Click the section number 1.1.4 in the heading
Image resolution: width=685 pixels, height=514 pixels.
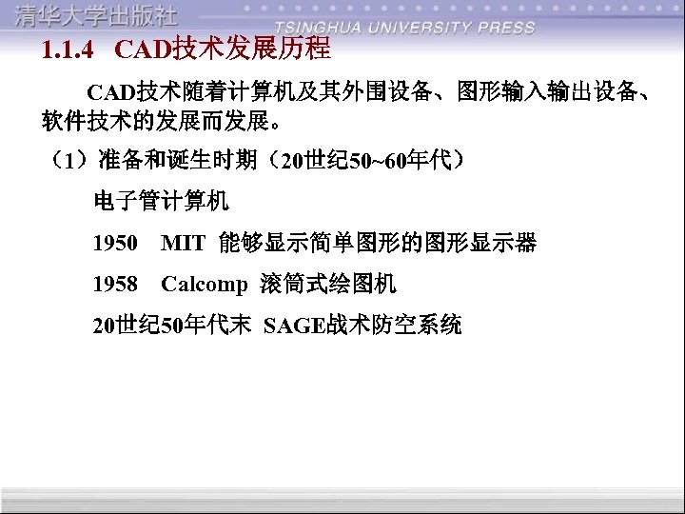(x=68, y=49)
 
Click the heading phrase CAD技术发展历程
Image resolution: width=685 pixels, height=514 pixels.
(x=222, y=48)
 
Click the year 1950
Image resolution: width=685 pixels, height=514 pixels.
(x=115, y=244)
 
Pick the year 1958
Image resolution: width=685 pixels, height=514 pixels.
(x=115, y=284)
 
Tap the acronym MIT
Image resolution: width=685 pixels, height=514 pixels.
(x=183, y=244)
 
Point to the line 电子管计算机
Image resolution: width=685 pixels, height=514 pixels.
(x=161, y=202)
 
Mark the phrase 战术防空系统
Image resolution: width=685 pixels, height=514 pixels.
(x=394, y=326)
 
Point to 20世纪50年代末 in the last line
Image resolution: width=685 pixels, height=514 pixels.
(x=171, y=326)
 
